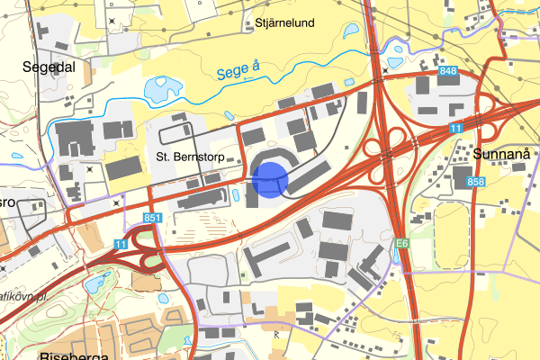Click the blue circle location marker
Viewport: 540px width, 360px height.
(x=269, y=178)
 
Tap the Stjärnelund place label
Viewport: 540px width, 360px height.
(x=284, y=24)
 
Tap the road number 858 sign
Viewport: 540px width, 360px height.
(x=474, y=183)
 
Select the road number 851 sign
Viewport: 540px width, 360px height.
(x=152, y=219)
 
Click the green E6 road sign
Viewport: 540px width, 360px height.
(x=402, y=242)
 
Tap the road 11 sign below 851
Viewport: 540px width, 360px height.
(x=121, y=244)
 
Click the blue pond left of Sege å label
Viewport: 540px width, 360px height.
(x=159, y=88)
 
